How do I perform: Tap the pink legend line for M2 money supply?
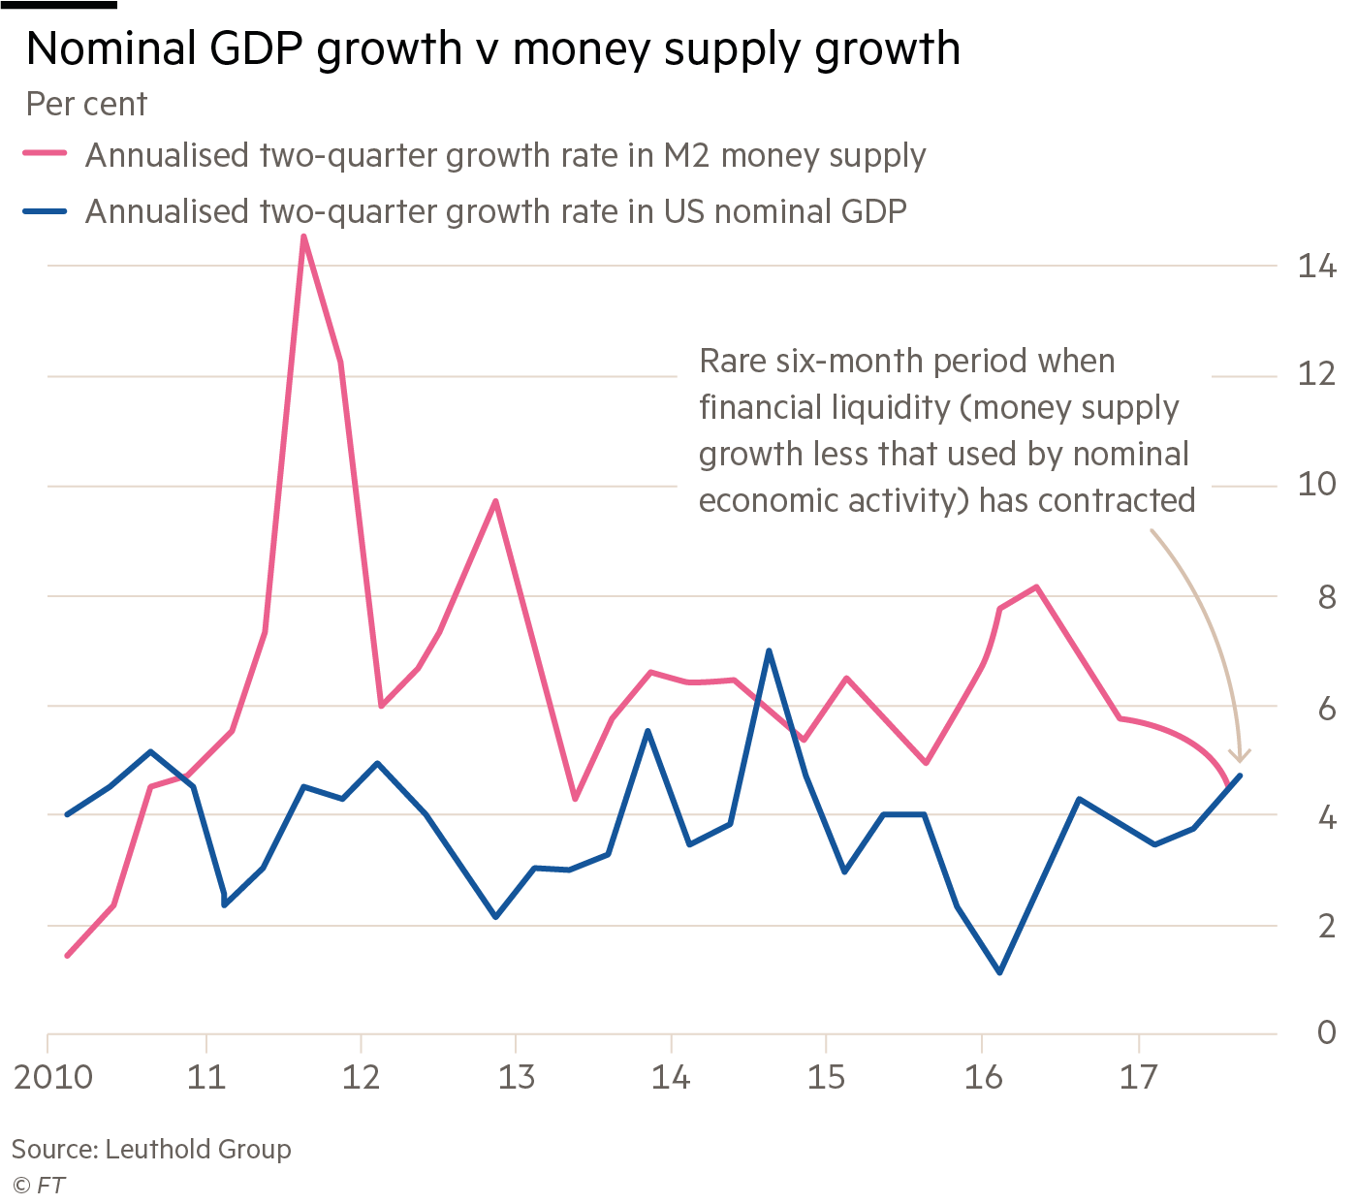click(x=45, y=154)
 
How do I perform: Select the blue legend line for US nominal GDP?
click(x=45, y=210)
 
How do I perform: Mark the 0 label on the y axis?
click(x=1325, y=1033)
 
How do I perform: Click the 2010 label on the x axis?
click(x=53, y=1077)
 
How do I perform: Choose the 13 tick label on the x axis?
click(x=517, y=1077)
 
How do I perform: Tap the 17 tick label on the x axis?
click(x=1139, y=1077)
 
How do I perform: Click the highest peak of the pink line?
click(x=304, y=237)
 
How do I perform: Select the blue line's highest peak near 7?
click(x=769, y=650)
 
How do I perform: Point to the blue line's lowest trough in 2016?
click(x=999, y=972)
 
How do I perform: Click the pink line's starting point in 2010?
click(x=67, y=956)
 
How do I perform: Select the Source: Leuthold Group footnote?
click(x=151, y=1151)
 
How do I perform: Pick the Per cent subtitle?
click(x=87, y=104)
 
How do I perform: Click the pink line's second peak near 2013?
click(x=495, y=501)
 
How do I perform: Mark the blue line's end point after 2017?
click(x=1240, y=776)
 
